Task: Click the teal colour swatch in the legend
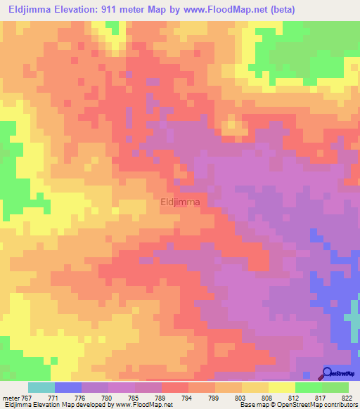41,387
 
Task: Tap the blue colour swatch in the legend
67,387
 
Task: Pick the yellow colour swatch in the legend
281,387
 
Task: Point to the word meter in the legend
11,397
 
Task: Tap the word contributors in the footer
337,405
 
